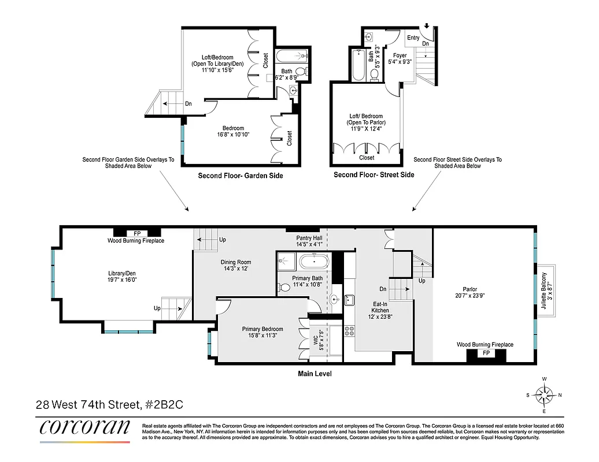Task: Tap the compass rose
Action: click(x=544, y=395)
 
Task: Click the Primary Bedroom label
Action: click(x=262, y=332)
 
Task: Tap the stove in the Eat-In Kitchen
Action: click(x=349, y=331)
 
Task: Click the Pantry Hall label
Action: click(x=309, y=241)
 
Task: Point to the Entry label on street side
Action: click(x=413, y=38)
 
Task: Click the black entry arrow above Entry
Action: click(x=427, y=25)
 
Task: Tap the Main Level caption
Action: click(x=315, y=374)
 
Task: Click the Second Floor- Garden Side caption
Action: click(x=241, y=176)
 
